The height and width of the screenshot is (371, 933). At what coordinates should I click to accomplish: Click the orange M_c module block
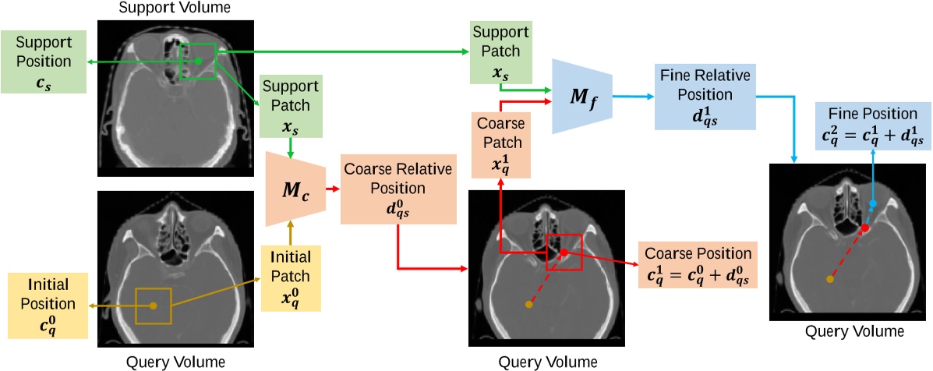(293, 189)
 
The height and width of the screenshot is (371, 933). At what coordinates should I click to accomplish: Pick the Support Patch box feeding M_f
(500, 52)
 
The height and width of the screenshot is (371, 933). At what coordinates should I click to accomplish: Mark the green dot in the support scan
(198, 61)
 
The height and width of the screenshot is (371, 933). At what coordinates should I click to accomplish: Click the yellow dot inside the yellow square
(153, 306)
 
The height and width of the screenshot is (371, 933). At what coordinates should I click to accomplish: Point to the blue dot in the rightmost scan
(873, 203)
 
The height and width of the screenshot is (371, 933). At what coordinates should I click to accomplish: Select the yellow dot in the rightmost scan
(829, 278)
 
